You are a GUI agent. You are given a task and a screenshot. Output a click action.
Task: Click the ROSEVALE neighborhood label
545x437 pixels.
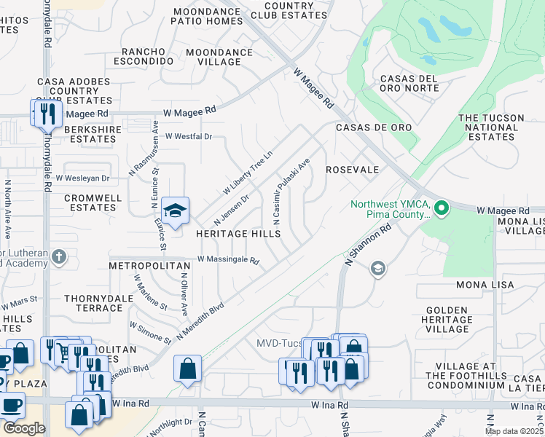[352, 169]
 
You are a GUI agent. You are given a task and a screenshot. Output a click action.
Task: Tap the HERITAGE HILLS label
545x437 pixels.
[238, 234]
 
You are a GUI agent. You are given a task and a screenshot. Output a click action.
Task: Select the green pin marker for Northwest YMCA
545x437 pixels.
[442, 209]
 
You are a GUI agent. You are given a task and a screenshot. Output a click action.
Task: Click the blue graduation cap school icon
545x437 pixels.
[175, 211]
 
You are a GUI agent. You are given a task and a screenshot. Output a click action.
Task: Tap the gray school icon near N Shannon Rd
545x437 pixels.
[377, 269]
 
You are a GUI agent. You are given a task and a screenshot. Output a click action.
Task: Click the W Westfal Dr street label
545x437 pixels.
[188, 136]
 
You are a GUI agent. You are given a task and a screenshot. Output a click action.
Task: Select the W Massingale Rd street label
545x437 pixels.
[228, 260]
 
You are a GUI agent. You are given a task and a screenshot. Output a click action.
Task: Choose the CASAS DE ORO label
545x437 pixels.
[374, 127]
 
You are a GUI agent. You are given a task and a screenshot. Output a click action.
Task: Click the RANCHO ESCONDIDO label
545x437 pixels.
[148, 57]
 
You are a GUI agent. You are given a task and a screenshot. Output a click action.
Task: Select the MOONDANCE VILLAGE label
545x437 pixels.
[219, 58]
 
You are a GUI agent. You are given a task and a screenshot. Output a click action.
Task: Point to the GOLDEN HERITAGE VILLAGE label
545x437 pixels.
[447, 320]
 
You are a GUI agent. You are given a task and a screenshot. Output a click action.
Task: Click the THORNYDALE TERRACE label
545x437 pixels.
[93, 303]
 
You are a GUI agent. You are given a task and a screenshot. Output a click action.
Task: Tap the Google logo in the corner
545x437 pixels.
[23, 428]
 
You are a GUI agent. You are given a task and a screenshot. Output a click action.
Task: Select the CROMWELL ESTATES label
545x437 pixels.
[93, 202]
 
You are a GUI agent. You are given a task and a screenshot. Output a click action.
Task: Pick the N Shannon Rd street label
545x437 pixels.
[366, 245]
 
